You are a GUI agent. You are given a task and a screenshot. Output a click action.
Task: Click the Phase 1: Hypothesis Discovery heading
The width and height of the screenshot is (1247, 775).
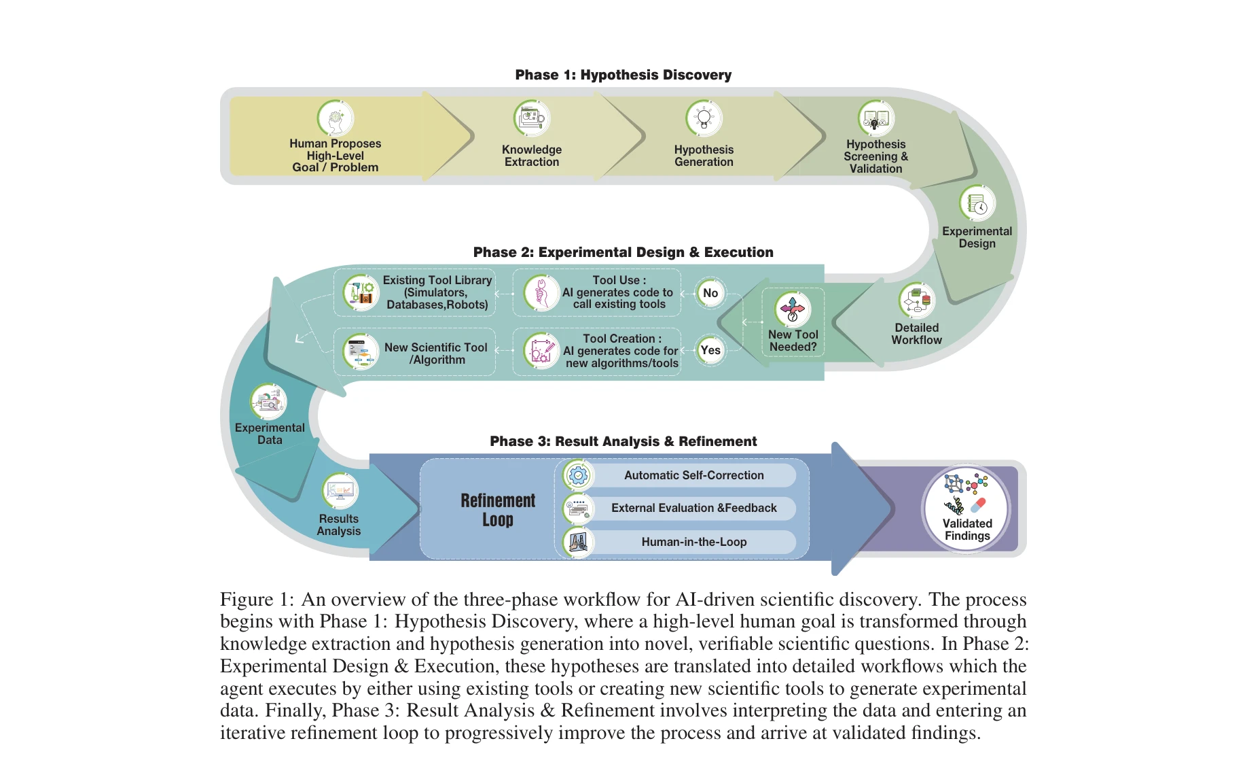[x=623, y=75]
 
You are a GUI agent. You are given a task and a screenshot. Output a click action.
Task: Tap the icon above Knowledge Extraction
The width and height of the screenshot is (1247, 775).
[x=532, y=119]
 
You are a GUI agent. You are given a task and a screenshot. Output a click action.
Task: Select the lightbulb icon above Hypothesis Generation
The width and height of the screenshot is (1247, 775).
[x=704, y=119]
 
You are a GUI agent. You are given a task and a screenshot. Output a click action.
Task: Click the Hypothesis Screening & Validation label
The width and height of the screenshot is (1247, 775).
[x=875, y=156]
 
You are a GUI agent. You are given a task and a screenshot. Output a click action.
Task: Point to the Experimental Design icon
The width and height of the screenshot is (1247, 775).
[x=977, y=203]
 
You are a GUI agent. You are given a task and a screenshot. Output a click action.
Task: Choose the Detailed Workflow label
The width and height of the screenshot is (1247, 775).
[x=916, y=334]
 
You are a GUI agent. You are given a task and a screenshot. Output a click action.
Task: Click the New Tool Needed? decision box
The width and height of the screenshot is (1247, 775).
[x=793, y=322]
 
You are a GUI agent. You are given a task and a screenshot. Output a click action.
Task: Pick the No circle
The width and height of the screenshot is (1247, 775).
[x=710, y=293]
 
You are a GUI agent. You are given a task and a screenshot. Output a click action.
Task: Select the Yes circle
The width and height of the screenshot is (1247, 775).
[x=710, y=350]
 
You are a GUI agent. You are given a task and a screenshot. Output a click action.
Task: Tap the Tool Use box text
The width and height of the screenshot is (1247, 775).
[x=618, y=292]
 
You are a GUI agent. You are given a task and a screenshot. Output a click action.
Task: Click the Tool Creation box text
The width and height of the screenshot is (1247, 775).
[x=621, y=351]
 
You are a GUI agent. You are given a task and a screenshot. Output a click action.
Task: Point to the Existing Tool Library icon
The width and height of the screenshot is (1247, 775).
[x=361, y=293]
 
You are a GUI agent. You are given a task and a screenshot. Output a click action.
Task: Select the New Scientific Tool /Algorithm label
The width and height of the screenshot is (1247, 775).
[x=436, y=354]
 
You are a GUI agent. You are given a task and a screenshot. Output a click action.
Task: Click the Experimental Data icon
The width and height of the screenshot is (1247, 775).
[x=268, y=402]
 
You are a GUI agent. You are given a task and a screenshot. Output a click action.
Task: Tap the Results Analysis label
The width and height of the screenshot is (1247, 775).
[x=338, y=525]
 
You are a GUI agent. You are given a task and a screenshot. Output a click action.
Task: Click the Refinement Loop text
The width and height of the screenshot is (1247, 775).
[x=498, y=510]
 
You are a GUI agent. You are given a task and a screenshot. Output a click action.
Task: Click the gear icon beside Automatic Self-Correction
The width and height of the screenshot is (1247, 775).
[x=579, y=475]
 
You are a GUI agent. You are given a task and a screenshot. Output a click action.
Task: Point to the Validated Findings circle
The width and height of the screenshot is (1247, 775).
[x=966, y=509]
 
